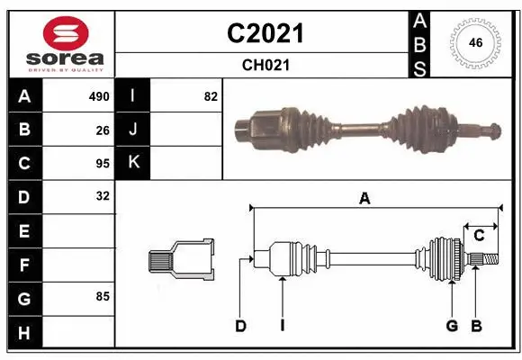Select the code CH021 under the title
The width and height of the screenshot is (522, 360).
point(265,65)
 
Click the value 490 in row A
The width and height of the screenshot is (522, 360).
point(98,96)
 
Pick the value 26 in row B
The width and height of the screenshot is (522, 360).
point(102,130)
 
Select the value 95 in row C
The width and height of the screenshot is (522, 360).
point(102,163)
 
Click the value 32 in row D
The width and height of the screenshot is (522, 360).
point(102,195)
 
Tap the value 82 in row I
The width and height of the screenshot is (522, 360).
point(211,96)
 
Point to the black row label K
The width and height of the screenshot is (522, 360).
point(133,163)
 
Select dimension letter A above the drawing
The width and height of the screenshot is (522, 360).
point(364,199)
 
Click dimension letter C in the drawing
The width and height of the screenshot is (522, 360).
point(479,236)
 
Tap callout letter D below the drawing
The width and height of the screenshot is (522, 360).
point(240,326)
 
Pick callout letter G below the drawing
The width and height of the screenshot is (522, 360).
point(451,326)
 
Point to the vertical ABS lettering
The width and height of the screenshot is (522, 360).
point(419,42)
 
